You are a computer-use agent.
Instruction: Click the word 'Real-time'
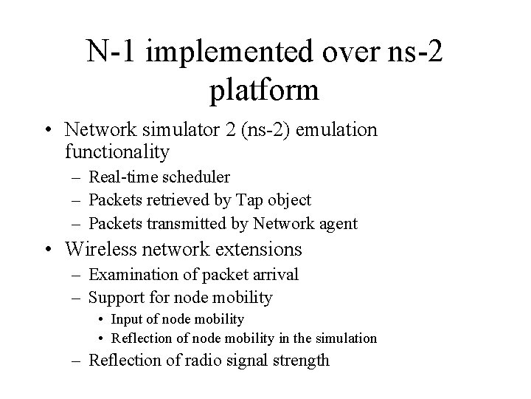point(119,177)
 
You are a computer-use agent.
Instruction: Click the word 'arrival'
point(274,275)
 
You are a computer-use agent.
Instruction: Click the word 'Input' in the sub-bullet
point(128,318)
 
